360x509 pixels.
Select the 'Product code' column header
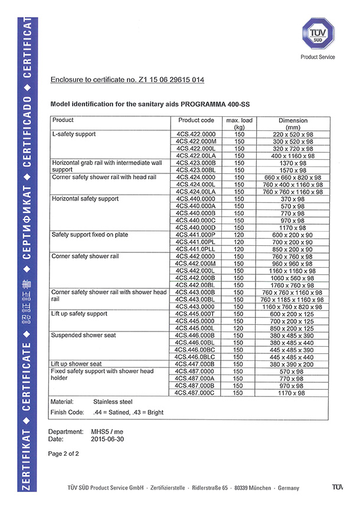(x=196, y=120)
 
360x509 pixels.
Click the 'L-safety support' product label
(x=74, y=134)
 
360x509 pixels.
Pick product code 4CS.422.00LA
(x=196, y=156)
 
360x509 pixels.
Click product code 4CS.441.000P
(x=196, y=235)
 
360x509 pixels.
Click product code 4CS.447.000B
(x=196, y=364)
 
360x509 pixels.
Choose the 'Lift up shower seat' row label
(x=77, y=364)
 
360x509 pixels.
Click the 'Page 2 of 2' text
(x=64, y=454)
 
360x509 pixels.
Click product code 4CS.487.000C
(x=196, y=392)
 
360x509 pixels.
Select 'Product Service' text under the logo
(x=318, y=57)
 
